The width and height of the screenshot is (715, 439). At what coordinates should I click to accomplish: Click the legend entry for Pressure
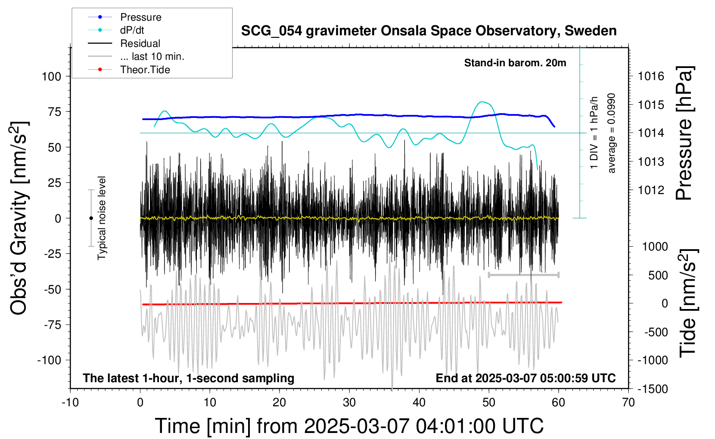[140, 17]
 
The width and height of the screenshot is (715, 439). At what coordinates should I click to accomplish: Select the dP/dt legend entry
[132, 30]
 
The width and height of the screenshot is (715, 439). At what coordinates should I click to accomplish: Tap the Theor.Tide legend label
[145, 70]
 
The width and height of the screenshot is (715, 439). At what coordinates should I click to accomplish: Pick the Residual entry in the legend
[140, 43]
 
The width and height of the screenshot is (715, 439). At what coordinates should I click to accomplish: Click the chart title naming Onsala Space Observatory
[429, 31]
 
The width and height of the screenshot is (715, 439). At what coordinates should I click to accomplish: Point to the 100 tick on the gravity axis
[51, 77]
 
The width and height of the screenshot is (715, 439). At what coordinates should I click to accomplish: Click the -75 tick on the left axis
[53, 325]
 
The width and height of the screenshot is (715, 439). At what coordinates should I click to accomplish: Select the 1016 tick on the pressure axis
[651, 77]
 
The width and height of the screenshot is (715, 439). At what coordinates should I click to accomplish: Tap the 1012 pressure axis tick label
[651, 190]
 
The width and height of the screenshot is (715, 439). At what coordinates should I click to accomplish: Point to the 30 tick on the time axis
[349, 403]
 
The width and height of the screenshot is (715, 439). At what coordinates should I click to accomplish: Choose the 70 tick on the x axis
[628, 403]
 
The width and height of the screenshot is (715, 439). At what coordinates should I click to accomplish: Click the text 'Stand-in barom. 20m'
[515, 63]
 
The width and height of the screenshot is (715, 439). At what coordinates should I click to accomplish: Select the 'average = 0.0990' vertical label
[612, 133]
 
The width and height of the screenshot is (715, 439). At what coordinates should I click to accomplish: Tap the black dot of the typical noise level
[91, 218]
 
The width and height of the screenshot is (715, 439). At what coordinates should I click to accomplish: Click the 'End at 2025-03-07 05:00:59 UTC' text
[525, 378]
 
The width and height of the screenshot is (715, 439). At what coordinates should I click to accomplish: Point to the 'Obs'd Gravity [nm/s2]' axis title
[19, 218]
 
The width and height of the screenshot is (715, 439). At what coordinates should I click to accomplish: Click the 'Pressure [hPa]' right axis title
[684, 133]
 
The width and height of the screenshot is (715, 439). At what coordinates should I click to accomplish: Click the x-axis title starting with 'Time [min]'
[349, 426]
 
